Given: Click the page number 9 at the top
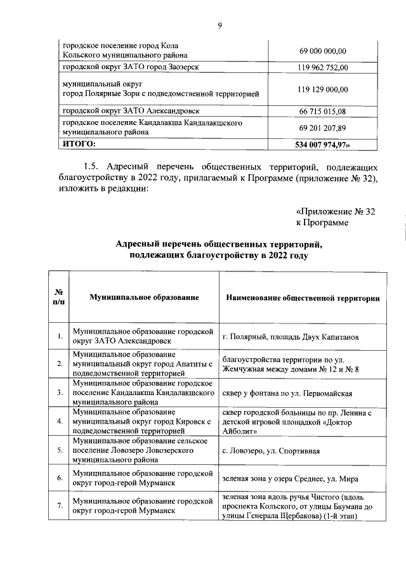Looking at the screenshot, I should pyautogui.click(x=219, y=25).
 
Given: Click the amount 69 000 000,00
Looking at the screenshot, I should pyautogui.click(x=322, y=51).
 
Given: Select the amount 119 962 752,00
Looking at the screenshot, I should pyautogui.click(x=322, y=68).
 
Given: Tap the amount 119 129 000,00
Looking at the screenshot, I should pyautogui.click(x=322, y=89).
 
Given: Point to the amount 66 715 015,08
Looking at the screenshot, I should pyautogui.click(x=322, y=111).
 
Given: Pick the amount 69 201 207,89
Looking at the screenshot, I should pyautogui.click(x=322, y=128).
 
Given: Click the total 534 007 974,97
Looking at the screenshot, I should pyautogui.click(x=323, y=145).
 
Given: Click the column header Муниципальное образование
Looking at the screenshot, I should pyautogui.click(x=145, y=297).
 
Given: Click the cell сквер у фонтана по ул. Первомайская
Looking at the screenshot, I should pyautogui.click(x=292, y=393).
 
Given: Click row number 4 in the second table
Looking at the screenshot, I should pyautogui.click(x=59, y=421).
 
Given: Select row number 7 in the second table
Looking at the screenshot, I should pyautogui.click(x=59, y=506).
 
